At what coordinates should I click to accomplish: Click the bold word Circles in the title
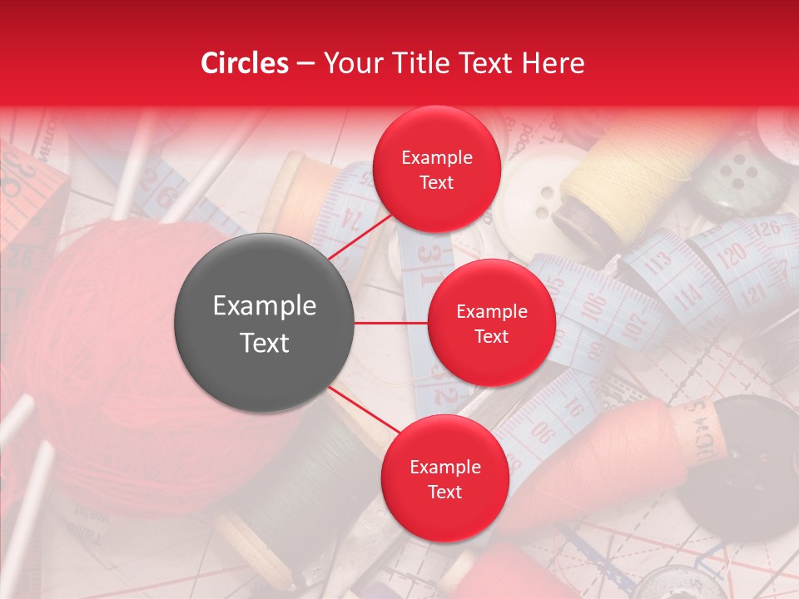click(245, 63)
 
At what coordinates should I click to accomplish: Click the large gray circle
click(264, 323)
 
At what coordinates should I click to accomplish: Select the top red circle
click(436, 169)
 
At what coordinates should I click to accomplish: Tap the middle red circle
click(491, 323)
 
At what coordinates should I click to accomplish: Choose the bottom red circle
click(444, 478)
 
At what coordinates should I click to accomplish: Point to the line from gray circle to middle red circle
click(390, 323)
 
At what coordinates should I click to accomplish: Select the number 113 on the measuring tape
click(658, 265)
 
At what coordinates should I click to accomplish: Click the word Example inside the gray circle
click(264, 306)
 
